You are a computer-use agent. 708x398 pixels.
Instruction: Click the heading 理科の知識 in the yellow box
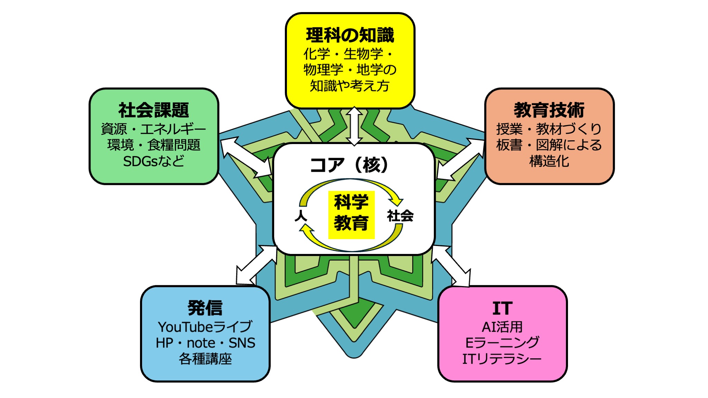(350, 35)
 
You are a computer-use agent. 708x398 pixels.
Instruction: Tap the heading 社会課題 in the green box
(154, 110)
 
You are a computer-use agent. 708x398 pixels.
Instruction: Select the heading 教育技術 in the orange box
(549, 110)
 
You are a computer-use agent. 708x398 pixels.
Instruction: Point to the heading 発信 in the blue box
(205, 308)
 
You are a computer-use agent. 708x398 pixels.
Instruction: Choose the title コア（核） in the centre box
(349, 165)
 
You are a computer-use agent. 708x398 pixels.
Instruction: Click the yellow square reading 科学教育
(351, 214)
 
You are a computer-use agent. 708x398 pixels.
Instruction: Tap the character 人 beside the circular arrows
(301, 216)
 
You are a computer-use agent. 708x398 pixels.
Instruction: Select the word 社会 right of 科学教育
(400, 216)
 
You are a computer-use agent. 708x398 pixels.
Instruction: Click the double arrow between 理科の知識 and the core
(354, 126)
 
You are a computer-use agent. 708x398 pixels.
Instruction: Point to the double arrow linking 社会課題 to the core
(246, 158)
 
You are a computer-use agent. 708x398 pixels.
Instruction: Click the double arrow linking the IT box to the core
(451, 266)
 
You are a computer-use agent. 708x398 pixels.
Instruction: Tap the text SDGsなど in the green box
(154, 161)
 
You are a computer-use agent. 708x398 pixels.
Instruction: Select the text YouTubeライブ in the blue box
(205, 327)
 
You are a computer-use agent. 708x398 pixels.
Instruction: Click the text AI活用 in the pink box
(502, 327)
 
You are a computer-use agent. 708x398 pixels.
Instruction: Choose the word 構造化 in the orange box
(549, 161)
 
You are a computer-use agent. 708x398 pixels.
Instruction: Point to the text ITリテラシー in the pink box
(502, 359)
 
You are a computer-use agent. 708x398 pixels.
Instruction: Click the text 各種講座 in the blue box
(205, 359)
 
